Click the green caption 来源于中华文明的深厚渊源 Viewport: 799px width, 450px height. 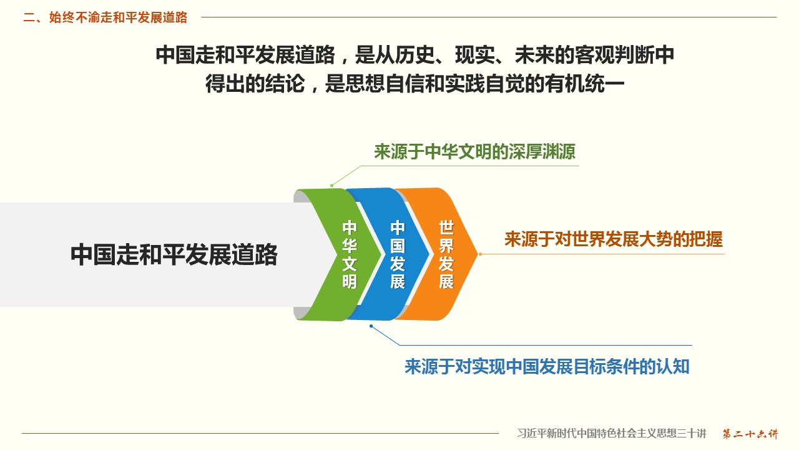click(x=474, y=152)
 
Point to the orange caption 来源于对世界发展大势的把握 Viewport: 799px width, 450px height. click(x=614, y=239)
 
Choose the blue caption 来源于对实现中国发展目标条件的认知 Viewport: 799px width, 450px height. click(x=547, y=366)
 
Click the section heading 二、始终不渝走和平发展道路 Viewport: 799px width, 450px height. click(x=105, y=17)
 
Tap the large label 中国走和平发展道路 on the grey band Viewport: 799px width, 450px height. click(x=174, y=254)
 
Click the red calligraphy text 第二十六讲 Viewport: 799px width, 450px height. click(x=750, y=434)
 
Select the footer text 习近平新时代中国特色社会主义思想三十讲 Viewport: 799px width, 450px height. click(x=612, y=434)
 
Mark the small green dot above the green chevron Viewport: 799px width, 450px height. click(x=331, y=186)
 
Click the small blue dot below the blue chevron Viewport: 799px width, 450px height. click(x=371, y=326)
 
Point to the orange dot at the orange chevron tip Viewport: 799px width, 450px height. click(x=481, y=254)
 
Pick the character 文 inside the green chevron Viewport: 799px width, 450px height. click(x=350, y=264)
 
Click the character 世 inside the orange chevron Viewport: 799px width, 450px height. click(x=446, y=227)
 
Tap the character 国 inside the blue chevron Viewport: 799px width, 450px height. click(x=398, y=246)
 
